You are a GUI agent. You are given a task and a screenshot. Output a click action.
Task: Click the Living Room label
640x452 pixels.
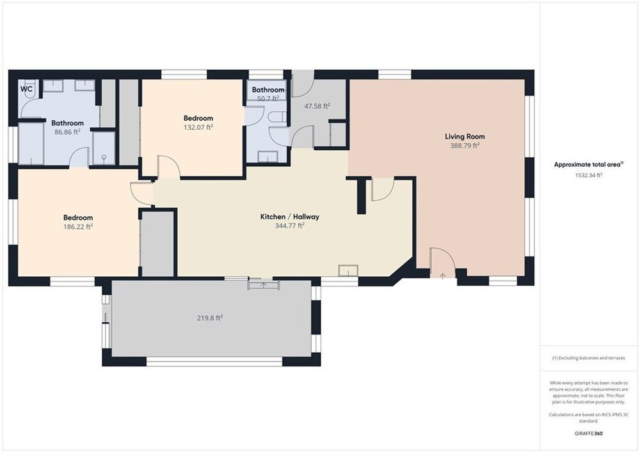(x=465, y=137)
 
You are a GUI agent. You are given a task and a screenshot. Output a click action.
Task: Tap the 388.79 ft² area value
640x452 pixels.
(x=465, y=146)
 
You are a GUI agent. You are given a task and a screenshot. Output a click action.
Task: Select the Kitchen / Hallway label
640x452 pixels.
(x=290, y=217)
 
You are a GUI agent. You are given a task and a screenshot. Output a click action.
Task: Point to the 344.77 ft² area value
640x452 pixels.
(x=290, y=226)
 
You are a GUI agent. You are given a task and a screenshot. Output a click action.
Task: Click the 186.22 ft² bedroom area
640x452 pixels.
(x=78, y=226)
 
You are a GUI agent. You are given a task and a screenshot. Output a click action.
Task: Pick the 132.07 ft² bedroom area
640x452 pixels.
(x=198, y=127)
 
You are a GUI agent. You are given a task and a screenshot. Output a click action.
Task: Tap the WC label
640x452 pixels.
(x=26, y=89)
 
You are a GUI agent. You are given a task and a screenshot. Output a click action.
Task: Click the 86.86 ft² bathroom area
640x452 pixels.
(x=67, y=132)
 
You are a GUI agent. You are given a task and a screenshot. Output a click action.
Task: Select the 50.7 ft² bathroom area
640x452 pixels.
(x=268, y=98)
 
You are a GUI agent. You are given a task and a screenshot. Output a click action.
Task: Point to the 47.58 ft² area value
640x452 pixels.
(x=317, y=106)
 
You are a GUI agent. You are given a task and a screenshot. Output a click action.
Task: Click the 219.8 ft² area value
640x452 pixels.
(x=210, y=318)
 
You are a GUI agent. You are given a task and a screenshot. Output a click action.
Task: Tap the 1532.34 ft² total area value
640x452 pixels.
(x=589, y=175)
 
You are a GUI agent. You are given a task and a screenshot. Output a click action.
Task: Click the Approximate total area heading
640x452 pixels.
(x=589, y=165)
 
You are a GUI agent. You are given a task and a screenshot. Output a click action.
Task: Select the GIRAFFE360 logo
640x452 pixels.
(x=589, y=433)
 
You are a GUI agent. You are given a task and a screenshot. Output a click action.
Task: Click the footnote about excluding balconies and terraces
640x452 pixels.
(x=589, y=358)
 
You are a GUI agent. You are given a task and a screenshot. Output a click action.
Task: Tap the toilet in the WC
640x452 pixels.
(x=30, y=92)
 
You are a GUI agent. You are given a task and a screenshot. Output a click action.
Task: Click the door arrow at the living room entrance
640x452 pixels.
(x=442, y=276)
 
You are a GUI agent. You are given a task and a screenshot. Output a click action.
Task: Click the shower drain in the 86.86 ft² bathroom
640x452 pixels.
(x=104, y=157)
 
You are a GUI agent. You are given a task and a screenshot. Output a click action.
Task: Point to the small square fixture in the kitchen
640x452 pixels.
(x=348, y=270)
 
